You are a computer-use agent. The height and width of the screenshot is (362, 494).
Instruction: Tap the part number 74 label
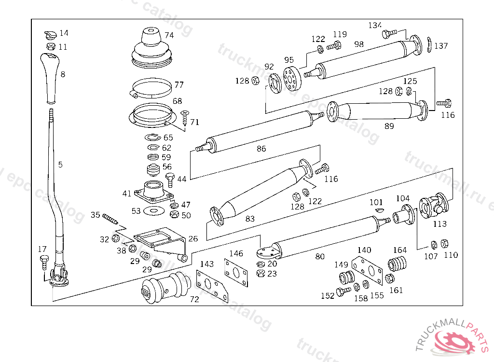pyautogui.click(x=169, y=35)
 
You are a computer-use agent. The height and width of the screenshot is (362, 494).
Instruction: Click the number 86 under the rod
pyautogui.click(x=261, y=149)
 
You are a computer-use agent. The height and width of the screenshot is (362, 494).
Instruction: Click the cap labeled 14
pyautogui.click(x=50, y=35)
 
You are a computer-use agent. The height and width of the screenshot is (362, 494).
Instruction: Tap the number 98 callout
pyautogui.click(x=358, y=44)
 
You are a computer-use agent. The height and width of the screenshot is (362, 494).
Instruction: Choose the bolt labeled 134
pyautogui.click(x=388, y=34)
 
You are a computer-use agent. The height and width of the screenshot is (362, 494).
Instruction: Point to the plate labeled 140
pyautogui.click(x=365, y=269)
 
